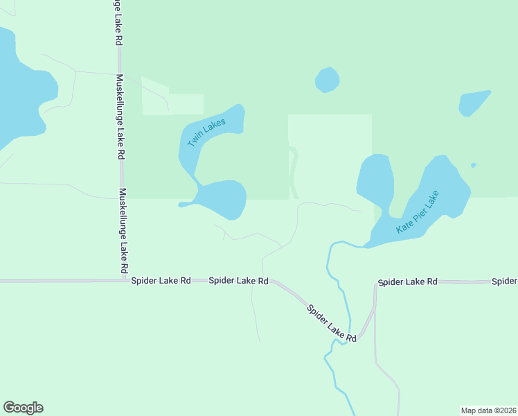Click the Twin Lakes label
point(206,130)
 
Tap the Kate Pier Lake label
point(418,211)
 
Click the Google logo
point(23,408)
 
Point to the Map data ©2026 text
point(488,410)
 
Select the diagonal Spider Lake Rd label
point(332,323)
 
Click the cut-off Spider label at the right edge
point(505,281)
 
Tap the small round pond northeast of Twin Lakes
point(327,80)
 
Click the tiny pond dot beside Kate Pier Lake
point(473,165)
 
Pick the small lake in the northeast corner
point(473,103)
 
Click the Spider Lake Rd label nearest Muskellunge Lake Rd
point(161,281)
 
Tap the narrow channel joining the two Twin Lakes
point(197,182)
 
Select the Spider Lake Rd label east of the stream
point(408,281)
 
